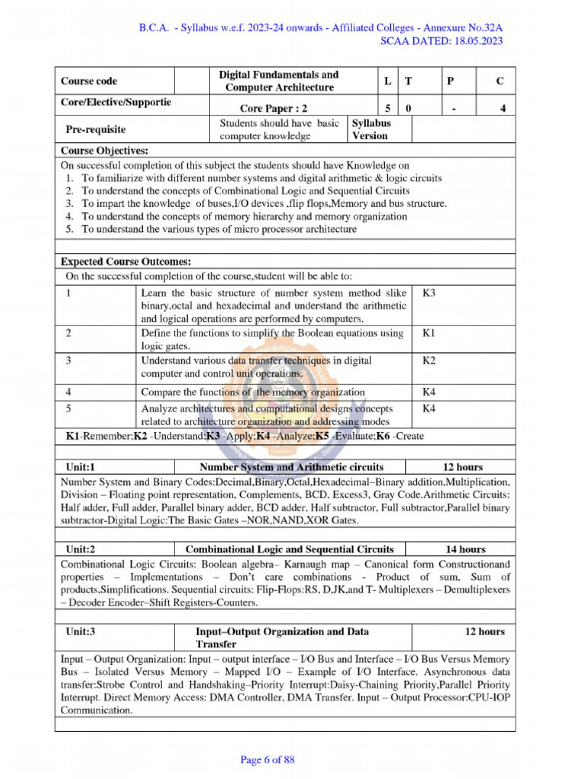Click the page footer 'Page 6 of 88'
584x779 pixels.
pos(267,759)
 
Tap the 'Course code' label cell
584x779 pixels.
pos(89,81)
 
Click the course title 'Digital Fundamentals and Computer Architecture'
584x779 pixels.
pos(278,81)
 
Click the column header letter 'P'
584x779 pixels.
pos(452,81)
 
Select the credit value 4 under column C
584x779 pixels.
pos(502,108)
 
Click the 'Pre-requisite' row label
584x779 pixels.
pos(95,129)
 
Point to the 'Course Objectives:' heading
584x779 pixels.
pos(104,151)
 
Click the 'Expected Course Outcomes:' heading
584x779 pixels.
pos(125,262)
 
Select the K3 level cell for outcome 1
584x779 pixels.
pos(428,293)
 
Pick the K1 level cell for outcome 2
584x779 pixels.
pos(428,333)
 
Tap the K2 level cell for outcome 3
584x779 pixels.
pos(428,360)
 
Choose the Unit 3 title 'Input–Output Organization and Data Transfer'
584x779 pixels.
pos(282,638)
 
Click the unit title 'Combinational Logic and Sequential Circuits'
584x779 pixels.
pos(290,548)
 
